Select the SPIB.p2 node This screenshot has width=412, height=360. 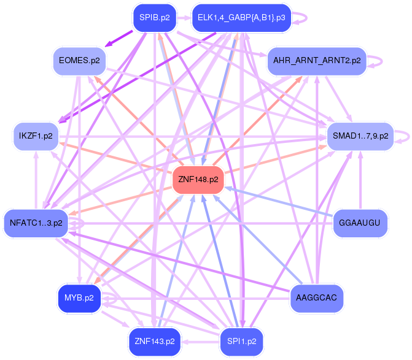[x=154, y=18]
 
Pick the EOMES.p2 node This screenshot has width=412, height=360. [x=79, y=61]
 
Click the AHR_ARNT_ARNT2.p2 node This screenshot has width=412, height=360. [x=316, y=61]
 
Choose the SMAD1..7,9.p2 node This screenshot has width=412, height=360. [x=360, y=136]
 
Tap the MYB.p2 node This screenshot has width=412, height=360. [x=79, y=298]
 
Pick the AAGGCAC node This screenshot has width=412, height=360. [x=316, y=297]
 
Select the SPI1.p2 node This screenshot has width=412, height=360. [x=241, y=341]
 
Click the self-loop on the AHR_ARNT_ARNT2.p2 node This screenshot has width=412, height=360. [x=377, y=61]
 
